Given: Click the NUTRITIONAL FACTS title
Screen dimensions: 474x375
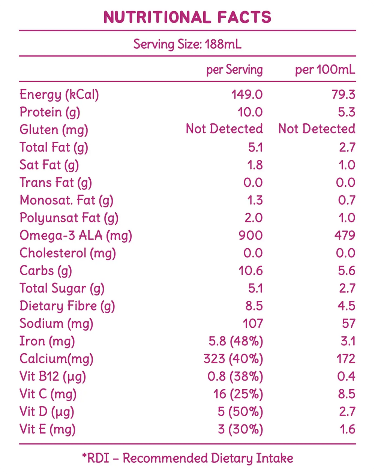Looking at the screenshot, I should [x=187, y=17].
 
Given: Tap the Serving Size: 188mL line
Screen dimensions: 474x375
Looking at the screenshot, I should [x=187, y=44].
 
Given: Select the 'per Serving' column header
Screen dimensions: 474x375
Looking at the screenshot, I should [x=234, y=70].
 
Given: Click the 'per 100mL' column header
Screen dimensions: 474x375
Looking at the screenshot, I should [x=325, y=70].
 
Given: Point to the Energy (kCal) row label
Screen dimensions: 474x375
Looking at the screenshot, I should [x=59, y=94].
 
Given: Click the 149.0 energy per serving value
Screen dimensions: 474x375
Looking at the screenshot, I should [x=247, y=94].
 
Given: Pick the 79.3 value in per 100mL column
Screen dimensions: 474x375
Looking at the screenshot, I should [x=343, y=94].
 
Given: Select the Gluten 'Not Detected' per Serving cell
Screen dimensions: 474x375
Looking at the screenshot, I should [x=224, y=129].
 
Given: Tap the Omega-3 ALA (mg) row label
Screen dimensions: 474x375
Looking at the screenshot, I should [x=76, y=235].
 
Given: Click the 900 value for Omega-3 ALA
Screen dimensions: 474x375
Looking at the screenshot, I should [x=250, y=235].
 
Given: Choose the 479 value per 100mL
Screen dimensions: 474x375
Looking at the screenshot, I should [x=345, y=235].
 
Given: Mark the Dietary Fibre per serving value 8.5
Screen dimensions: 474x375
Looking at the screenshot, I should [x=254, y=306].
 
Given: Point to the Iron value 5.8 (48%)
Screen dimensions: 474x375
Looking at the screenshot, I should [x=236, y=341].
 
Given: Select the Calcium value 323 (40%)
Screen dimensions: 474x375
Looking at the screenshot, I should [x=233, y=359].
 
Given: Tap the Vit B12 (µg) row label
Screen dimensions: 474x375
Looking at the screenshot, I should [x=52, y=376].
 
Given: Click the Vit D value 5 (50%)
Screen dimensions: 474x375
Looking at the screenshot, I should [x=240, y=412].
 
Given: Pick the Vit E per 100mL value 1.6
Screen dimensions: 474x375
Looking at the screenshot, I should [x=347, y=429].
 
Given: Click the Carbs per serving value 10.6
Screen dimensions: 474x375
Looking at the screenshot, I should [x=250, y=271].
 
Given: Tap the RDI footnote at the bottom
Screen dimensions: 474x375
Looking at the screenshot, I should [x=187, y=458].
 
